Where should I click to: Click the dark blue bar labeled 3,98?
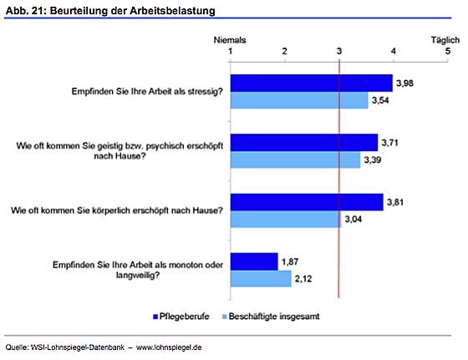(x=311, y=84)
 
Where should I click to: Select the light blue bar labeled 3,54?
(x=299, y=100)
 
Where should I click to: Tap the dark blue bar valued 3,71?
(x=304, y=143)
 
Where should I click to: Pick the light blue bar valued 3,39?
(x=295, y=160)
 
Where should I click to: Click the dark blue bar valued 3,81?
(x=307, y=202)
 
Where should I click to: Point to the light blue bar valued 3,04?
(x=286, y=219)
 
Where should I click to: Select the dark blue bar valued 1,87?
(x=254, y=261)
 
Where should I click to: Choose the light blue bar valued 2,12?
(x=261, y=279)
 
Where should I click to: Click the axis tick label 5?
(x=448, y=51)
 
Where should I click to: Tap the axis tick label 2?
(x=284, y=51)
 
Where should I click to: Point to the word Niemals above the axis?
(x=230, y=40)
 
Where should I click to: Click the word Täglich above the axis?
(x=445, y=40)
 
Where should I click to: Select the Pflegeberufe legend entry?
(x=181, y=317)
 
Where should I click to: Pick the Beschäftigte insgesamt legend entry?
(x=271, y=317)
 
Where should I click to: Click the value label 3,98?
(x=404, y=84)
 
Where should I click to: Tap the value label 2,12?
(x=303, y=279)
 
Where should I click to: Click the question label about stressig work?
(x=147, y=92)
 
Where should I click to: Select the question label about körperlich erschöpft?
(x=117, y=210)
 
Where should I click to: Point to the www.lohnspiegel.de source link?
(x=169, y=347)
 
